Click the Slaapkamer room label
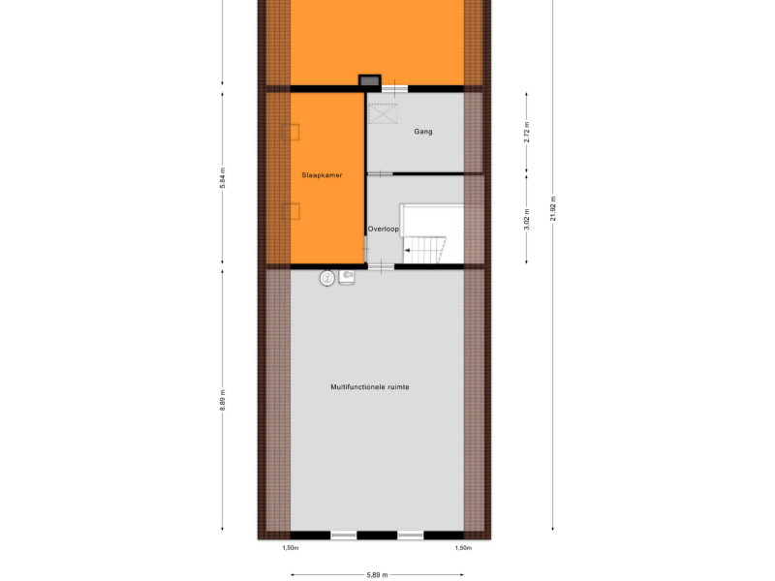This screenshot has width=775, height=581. click(322, 175)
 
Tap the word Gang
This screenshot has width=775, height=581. click(423, 132)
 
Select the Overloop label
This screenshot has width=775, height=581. click(383, 229)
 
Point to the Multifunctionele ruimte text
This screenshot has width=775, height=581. click(370, 386)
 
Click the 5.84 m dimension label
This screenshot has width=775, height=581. click(223, 178)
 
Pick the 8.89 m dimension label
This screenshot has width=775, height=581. click(223, 400)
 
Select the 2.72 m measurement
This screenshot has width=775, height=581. click(527, 133)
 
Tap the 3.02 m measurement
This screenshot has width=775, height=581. click(527, 219)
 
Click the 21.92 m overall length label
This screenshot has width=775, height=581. click(553, 208)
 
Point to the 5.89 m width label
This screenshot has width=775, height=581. click(377, 575)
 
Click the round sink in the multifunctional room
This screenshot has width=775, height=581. click(326, 278)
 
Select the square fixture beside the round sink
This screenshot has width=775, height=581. click(347, 277)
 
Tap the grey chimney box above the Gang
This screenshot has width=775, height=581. click(370, 80)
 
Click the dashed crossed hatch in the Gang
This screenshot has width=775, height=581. click(383, 113)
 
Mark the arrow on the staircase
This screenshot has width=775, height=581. click(407, 251)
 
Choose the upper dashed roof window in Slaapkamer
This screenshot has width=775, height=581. click(291, 132)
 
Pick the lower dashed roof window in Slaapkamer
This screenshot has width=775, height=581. click(291, 211)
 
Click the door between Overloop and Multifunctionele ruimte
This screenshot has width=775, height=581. click(381, 267)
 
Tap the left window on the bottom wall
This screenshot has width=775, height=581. click(344, 535)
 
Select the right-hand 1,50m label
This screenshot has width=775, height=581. click(463, 548)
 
